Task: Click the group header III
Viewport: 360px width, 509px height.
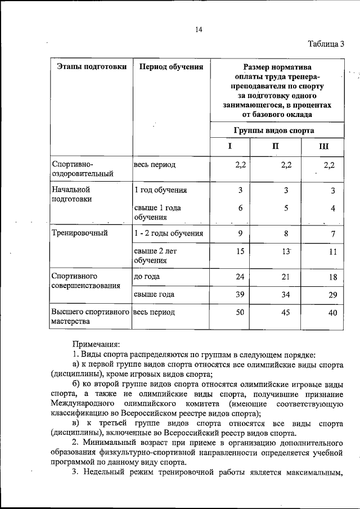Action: [x=324, y=147]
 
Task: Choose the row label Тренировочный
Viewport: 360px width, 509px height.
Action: [x=80, y=232]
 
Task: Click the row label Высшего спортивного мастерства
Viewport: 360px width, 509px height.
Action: [x=91, y=317]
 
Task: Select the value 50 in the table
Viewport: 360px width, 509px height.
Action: [x=240, y=312]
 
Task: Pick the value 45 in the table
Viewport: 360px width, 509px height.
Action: [x=286, y=312]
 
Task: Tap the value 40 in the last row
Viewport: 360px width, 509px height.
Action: [x=332, y=313]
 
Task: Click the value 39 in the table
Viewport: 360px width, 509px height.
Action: [x=240, y=294]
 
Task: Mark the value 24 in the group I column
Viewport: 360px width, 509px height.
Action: [x=240, y=276]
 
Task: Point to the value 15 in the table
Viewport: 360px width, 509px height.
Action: [x=240, y=251]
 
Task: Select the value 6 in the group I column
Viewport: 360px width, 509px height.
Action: [x=240, y=208]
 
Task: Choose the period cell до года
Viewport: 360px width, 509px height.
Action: [x=147, y=277]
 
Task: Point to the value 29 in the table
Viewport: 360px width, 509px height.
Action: [x=332, y=295]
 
